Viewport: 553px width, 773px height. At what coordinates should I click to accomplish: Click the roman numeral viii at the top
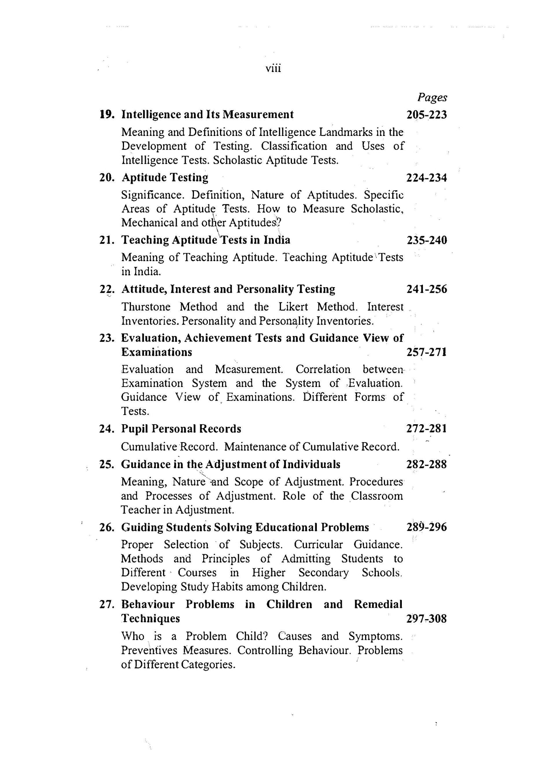pos(273,69)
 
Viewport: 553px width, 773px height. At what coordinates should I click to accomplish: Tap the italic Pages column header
pos(432,98)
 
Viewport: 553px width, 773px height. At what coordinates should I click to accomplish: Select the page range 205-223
pos(426,115)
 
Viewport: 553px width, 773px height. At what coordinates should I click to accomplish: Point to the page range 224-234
pos(426,178)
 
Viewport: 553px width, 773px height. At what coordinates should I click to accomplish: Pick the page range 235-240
pos(426,240)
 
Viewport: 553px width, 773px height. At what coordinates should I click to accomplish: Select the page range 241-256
pos(426,289)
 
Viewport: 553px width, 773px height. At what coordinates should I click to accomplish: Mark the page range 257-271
pos(426,352)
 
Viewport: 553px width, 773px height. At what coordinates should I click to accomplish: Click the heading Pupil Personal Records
pos(181,429)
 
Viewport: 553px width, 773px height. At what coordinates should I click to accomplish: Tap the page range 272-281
pos(426,429)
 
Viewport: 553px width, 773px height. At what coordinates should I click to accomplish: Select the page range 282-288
pos(426,464)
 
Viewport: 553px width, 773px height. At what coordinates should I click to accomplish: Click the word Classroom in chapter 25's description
pos(377,496)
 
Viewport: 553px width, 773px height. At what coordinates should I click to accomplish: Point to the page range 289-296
pos(426,528)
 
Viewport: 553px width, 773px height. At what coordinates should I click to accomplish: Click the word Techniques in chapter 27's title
pos(150,618)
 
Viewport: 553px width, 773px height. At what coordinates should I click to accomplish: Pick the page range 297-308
pos(426,618)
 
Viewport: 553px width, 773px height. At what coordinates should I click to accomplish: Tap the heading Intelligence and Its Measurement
pos(207,115)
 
